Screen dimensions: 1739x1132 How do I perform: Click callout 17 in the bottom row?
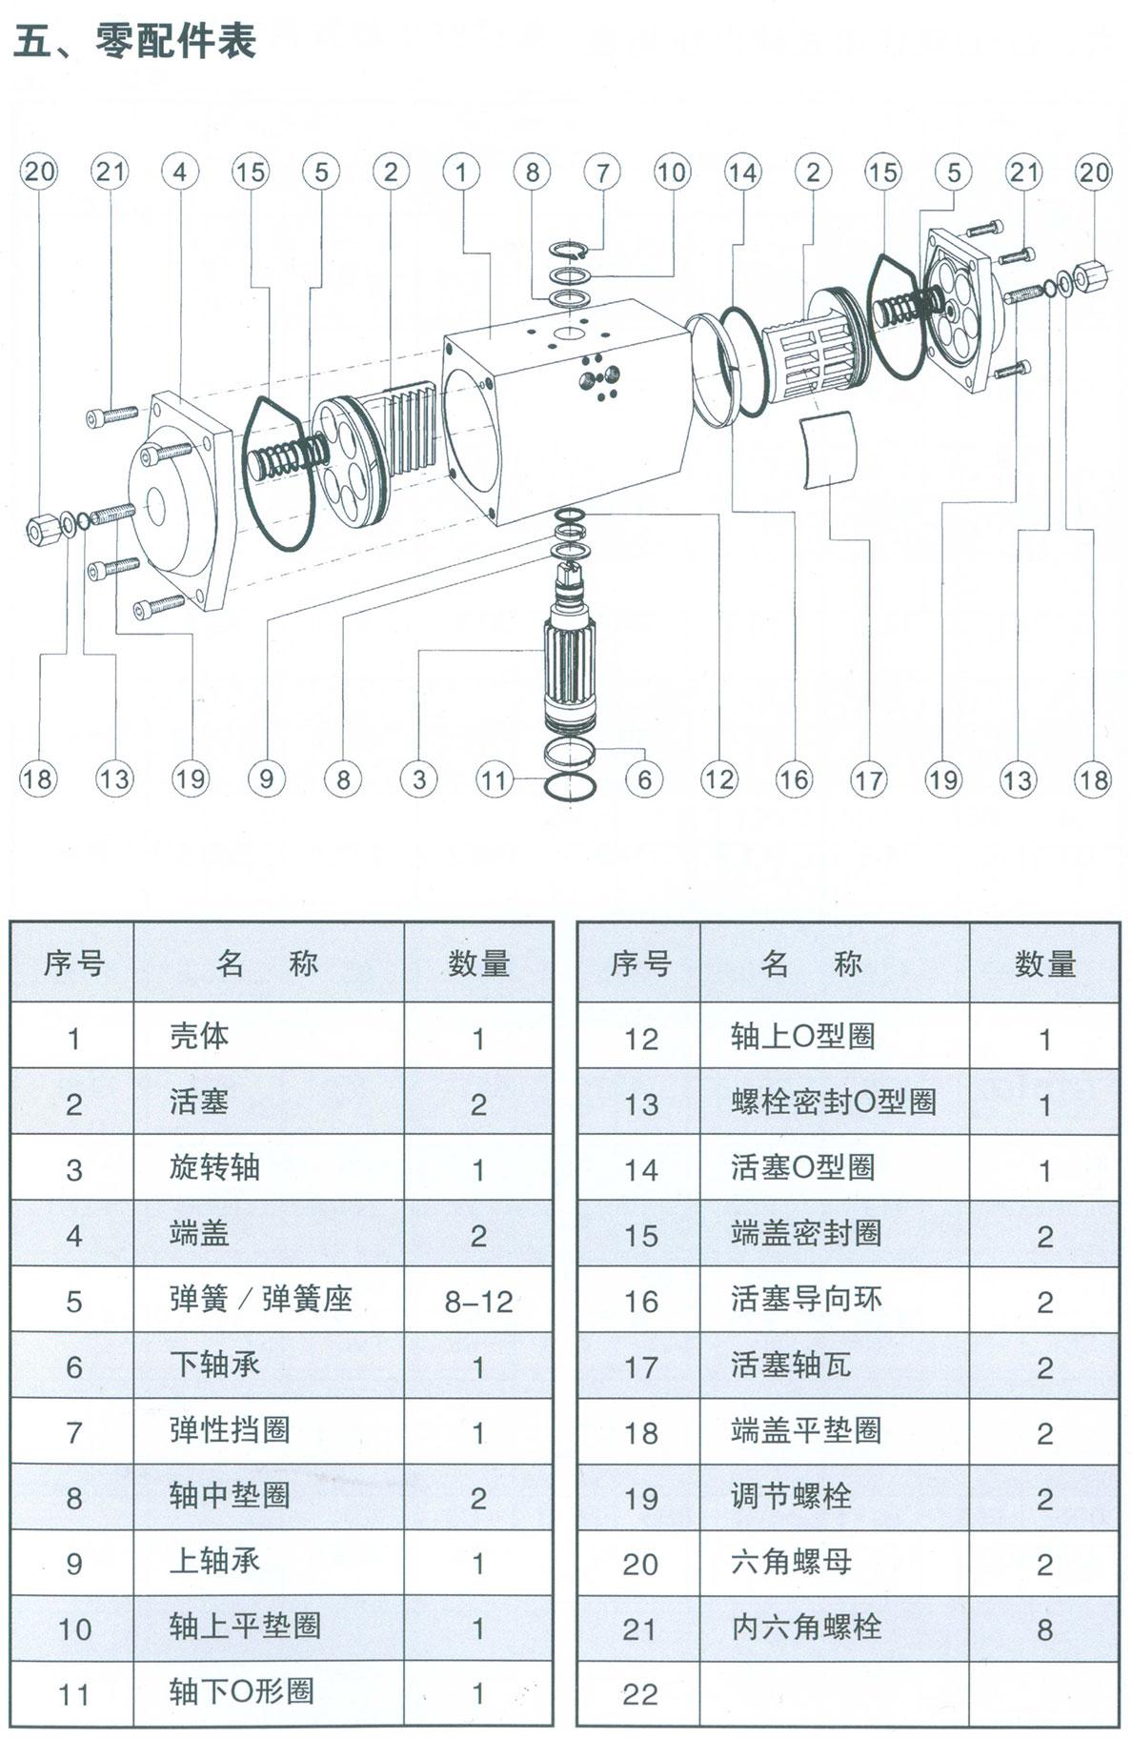tap(868, 780)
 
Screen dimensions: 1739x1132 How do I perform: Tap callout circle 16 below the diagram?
tap(793, 780)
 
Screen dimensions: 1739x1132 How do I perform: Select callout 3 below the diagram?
tap(419, 780)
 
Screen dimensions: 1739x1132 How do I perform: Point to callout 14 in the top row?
tap(742, 172)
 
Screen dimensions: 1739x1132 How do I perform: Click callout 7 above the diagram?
tap(602, 172)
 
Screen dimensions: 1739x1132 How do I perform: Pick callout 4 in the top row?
tap(180, 172)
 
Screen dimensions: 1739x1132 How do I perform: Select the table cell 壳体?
tap(199, 1036)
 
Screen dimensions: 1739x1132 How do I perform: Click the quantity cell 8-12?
tap(478, 1301)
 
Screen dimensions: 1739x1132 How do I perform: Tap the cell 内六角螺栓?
tap(805, 1627)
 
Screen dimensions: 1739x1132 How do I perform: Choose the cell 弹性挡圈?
tap(230, 1430)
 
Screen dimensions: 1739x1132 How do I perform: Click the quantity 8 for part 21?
tap(1044, 1628)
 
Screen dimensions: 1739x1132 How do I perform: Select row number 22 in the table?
tap(639, 1693)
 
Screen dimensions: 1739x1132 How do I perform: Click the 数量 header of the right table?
tap(1044, 963)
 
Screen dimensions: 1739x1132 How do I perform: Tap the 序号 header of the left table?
tap(73, 963)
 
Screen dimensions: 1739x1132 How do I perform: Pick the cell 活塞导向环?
tap(805, 1299)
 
